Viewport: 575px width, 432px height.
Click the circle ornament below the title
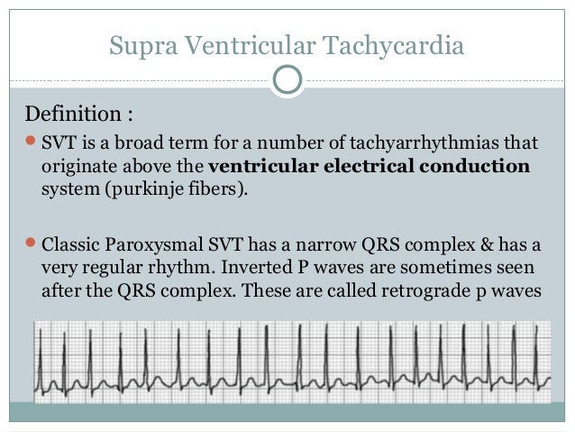[x=287, y=78]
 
